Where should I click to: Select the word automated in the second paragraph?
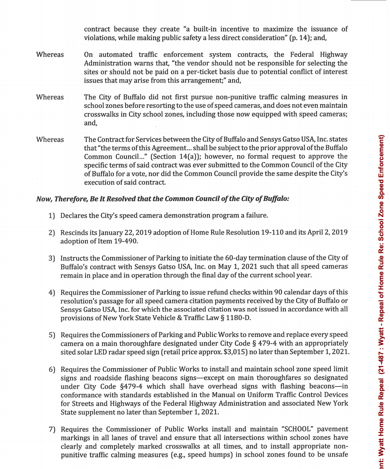click(x=116, y=55)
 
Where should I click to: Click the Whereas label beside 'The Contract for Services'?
click(x=50, y=140)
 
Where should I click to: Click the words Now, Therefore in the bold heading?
click(x=62, y=199)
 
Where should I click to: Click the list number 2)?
click(x=52, y=233)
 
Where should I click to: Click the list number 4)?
click(x=52, y=293)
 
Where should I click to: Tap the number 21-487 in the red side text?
click(x=381, y=360)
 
